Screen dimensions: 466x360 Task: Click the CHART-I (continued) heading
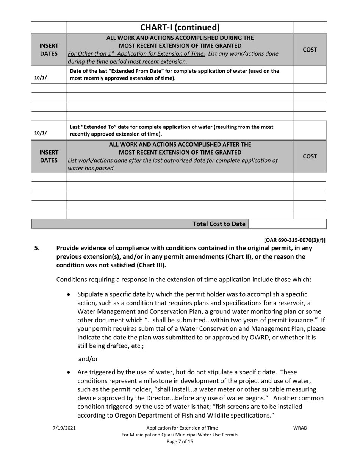(x=180, y=27)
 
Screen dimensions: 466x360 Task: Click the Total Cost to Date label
(x=219, y=224)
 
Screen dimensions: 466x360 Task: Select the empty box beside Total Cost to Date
(x=287, y=224)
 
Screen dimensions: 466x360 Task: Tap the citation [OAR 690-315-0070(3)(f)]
(x=294, y=240)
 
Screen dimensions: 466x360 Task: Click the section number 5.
(x=37, y=248)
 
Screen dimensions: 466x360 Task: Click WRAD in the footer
(x=300, y=428)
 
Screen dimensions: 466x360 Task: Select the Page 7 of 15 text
(x=180, y=441)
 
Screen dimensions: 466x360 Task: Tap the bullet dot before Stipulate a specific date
(x=69, y=294)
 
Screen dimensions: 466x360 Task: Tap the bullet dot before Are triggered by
(x=69, y=372)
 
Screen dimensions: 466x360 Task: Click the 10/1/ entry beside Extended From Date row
(x=41, y=78)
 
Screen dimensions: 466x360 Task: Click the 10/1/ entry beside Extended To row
(x=41, y=133)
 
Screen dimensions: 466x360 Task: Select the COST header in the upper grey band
(x=310, y=50)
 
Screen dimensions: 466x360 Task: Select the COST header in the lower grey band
(x=310, y=156)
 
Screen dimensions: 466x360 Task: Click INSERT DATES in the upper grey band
(x=49, y=50)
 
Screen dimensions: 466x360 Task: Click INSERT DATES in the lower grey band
(x=49, y=156)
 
